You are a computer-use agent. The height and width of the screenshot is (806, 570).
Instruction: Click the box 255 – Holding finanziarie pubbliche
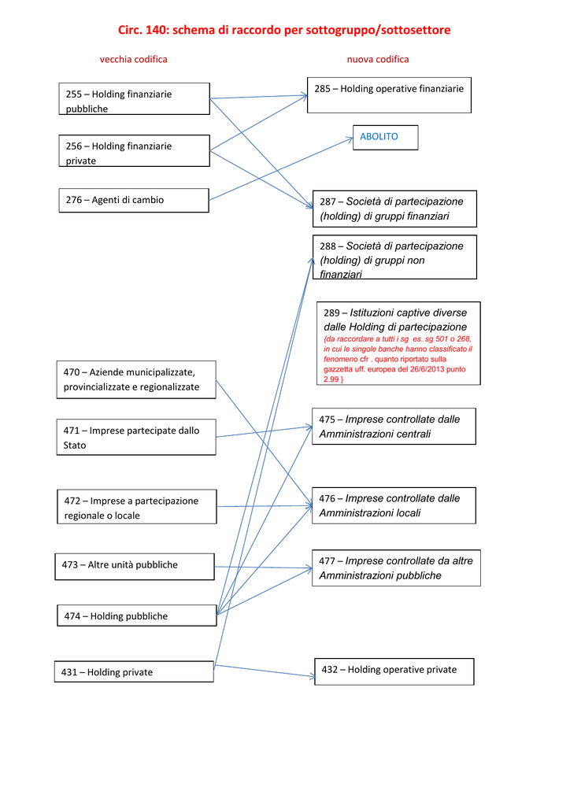134,98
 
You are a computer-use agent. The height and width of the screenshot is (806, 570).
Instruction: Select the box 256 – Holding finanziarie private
134,150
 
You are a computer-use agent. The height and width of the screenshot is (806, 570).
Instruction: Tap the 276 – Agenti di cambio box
134,201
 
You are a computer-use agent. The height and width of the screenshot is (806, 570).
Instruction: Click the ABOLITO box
386,138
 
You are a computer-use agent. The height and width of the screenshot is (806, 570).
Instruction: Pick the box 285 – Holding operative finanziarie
389,95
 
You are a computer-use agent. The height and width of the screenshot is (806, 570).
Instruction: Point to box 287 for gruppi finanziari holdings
394,209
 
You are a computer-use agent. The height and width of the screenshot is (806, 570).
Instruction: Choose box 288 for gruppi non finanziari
394,257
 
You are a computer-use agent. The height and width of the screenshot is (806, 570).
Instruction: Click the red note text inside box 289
398,359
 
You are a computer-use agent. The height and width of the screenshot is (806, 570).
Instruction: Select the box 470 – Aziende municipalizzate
136,380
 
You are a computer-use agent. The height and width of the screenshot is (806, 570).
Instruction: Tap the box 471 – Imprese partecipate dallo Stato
136,438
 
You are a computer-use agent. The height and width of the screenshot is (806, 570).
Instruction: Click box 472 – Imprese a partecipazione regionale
137,507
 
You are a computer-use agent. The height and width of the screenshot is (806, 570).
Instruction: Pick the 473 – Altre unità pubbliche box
135,567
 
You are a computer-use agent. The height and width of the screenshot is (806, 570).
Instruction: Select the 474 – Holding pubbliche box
137,616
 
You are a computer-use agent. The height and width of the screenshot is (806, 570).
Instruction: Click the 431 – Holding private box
134,672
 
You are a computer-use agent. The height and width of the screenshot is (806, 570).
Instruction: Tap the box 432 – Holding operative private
394,672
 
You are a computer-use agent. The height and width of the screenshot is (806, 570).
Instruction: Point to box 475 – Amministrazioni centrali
394,426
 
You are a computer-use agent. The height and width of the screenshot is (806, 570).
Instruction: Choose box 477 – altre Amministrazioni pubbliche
396,568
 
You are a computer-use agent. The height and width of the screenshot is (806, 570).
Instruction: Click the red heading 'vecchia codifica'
134,59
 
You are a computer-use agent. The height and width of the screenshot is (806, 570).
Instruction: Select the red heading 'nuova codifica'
378,59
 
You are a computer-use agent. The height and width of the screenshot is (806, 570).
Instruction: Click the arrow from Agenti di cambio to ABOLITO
281,169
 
